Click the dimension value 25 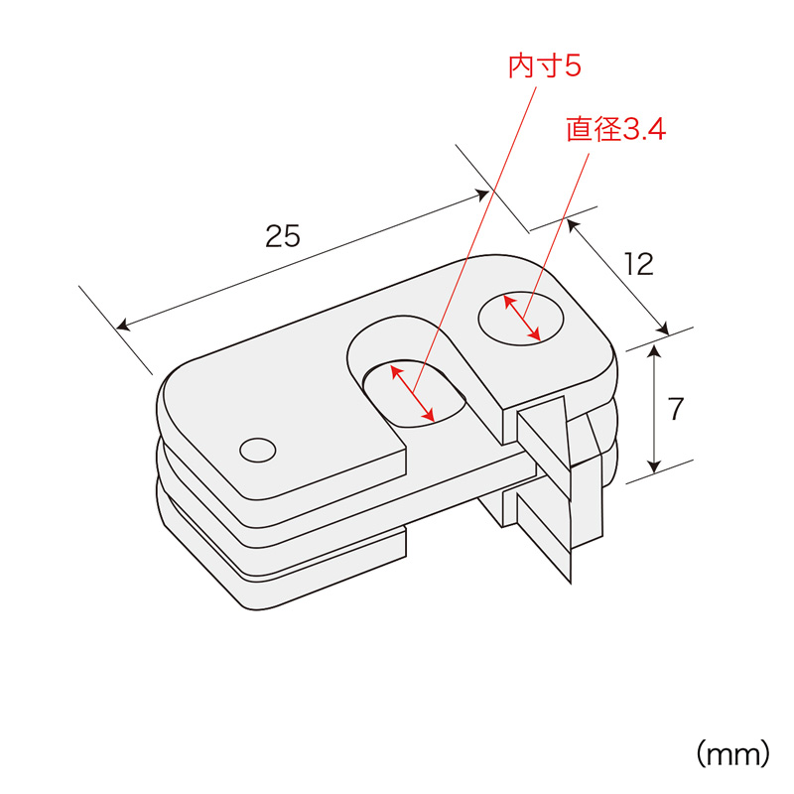(283, 236)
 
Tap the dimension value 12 (639, 264)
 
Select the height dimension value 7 (676, 409)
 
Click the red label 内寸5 (544, 66)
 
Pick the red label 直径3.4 (615, 129)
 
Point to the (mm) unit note (733, 754)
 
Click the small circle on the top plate (258, 451)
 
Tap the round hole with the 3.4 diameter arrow (521, 319)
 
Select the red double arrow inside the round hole (522, 318)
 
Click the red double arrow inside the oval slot (413, 394)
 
